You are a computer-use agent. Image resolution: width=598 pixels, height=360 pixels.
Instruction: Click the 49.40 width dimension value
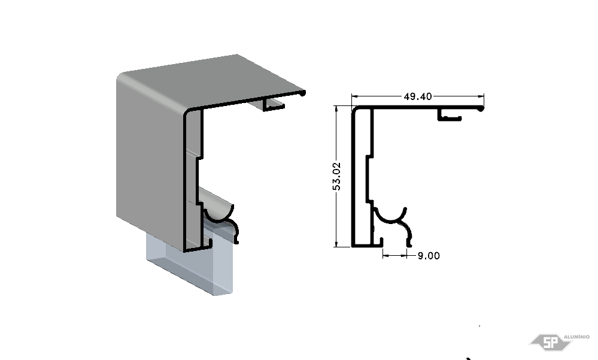pos(418,96)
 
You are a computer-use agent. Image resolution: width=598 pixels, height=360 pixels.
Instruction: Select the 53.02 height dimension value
pos(336,176)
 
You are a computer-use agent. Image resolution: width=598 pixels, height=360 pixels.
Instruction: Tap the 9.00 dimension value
pos(429,256)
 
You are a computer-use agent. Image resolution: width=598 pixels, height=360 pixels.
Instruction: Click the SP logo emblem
pos(550,341)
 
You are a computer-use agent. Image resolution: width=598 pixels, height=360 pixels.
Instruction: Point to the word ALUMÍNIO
pos(576,337)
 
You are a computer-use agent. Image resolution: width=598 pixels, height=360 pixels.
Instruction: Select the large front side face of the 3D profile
pos(151,161)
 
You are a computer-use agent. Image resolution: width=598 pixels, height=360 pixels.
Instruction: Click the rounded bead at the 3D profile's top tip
pos(303,93)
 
